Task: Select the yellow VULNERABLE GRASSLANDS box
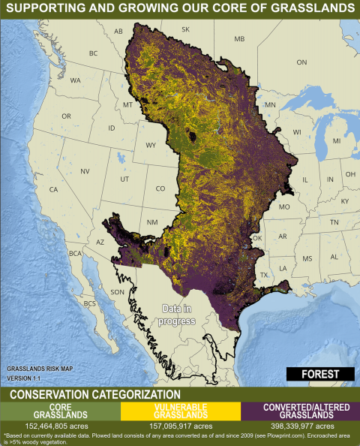click(x=180, y=411)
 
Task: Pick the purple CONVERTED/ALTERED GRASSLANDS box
click(x=299, y=411)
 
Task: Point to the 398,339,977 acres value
click(x=299, y=426)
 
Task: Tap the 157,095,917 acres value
click(x=180, y=426)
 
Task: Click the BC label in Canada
click(x=93, y=53)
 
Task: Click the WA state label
click(x=76, y=80)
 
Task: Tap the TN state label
click(x=334, y=222)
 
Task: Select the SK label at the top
click(x=185, y=29)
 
